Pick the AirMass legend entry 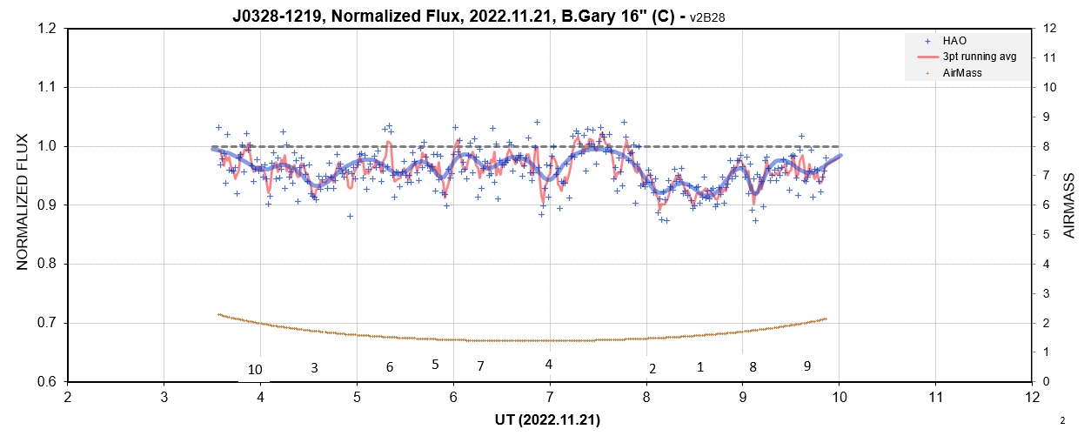962,73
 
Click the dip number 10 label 254,370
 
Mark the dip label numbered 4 548,364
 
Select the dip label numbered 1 700,367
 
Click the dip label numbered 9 807,366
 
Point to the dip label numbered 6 390,367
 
